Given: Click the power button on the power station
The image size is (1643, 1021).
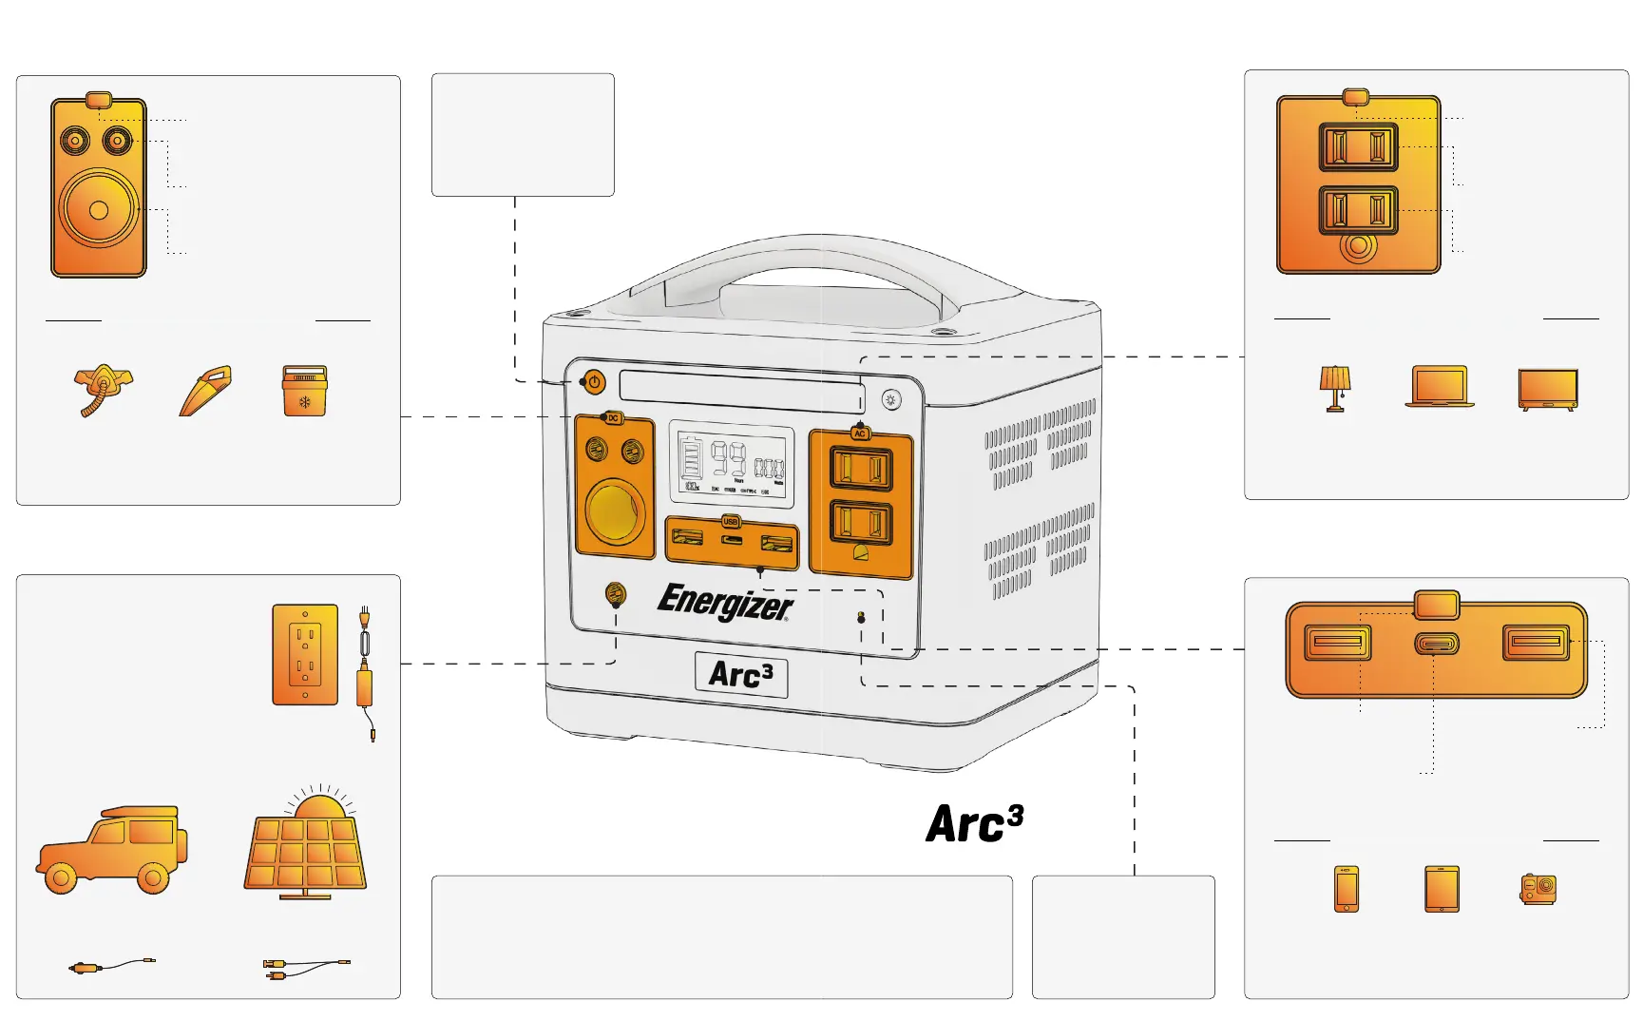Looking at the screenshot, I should pos(594,382).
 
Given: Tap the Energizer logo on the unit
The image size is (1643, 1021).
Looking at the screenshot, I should pos(725,602).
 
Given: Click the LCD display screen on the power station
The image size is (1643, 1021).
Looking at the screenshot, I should pos(731,463).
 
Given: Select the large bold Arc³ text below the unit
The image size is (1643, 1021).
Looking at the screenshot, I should pos(974,823).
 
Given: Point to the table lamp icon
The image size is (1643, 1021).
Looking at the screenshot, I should pos(1334,388).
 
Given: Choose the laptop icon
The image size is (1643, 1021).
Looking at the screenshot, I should pos(1440,387).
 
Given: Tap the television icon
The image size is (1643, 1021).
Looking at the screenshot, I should pos(1548,389).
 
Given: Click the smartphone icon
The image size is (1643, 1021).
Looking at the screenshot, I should pos(1346,889).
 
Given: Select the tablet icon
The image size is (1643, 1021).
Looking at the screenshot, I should pos(1442,889).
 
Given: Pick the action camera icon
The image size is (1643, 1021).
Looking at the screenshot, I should pos(1538,889).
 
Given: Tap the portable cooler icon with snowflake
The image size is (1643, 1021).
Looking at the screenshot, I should pos(305,391).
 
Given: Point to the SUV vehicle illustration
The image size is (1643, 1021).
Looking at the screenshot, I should pos(112,851).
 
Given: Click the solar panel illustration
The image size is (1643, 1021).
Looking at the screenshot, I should pos(306,848).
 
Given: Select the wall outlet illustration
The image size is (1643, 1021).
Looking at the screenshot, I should pos(305,654).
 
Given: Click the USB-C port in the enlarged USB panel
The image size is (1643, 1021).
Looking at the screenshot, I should pos(1436,644).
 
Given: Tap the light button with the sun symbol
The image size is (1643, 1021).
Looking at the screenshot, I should pos(890,399).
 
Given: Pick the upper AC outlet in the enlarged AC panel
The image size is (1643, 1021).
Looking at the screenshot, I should pos(1358,147).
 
